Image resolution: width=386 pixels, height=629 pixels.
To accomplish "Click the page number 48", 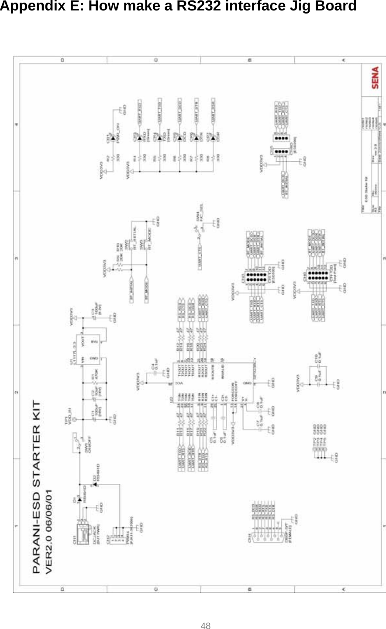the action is coord(206,626).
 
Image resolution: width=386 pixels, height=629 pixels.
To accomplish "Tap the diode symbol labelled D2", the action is coord(95,483).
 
